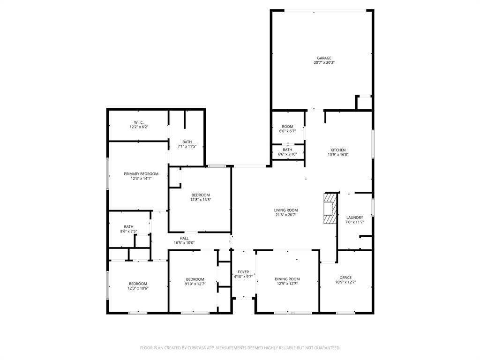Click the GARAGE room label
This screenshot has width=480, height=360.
click(324, 58)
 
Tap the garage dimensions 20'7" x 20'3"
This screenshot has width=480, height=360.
click(324, 63)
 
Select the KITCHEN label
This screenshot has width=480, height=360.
click(338, 150)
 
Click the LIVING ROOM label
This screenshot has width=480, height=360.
click(286, 210)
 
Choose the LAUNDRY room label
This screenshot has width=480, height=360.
click(354, 217)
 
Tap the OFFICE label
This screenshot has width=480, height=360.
click(345, 277)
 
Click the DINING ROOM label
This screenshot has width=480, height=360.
click(287, 279)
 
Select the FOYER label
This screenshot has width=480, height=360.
click(243, 272)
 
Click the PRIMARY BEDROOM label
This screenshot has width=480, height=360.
click(141, 174)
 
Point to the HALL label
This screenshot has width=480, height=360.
click(184, 238)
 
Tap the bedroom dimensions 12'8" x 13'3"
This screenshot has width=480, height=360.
click(200, 200)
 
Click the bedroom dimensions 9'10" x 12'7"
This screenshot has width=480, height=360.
click(195, 284)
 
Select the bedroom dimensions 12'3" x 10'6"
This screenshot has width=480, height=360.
click(138, 288)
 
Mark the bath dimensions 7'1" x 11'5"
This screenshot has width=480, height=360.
click(187, 147)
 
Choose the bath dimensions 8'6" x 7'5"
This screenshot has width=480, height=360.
click(128, 232)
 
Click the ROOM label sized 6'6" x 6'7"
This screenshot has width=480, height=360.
click(287, 127)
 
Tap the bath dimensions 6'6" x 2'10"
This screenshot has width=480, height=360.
click(287, 154)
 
